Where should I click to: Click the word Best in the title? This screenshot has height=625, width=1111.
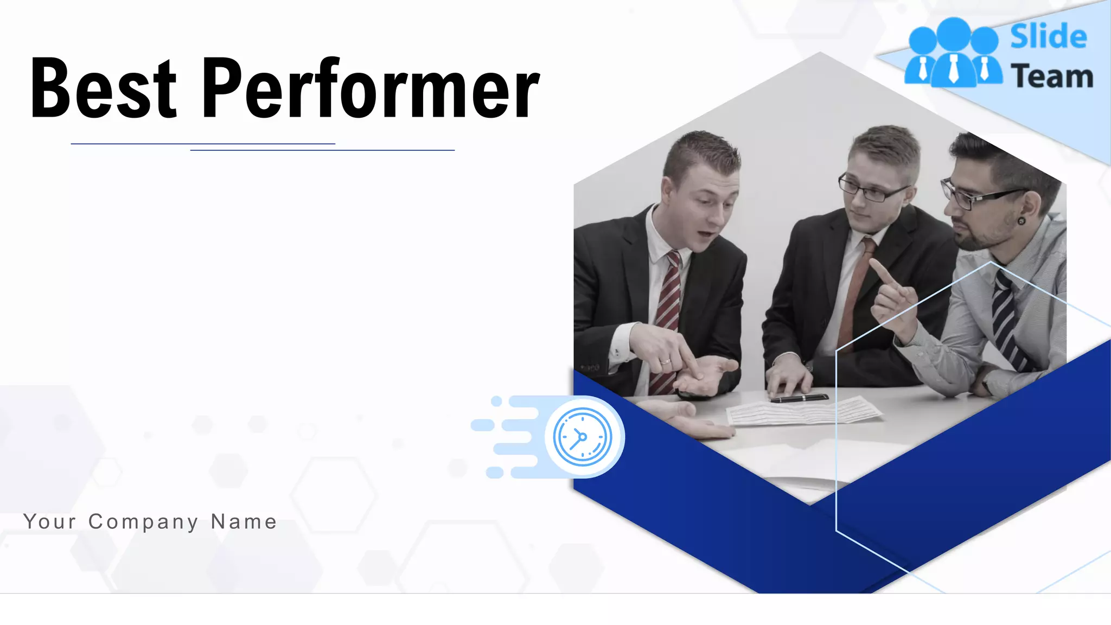click(x=103, y=88)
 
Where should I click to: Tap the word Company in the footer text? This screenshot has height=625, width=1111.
click(x=143, y=522)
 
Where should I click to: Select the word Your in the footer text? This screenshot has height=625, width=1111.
click(x=50, y=521)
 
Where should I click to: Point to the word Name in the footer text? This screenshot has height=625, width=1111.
click(x=244, y=521)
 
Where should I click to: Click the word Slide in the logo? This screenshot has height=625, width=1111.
click(x=1048, y=37)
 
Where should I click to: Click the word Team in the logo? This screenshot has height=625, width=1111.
click(x=1052, y=76)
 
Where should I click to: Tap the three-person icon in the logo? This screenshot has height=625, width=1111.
click(x=953, y=53)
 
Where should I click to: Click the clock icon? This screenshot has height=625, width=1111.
click(x=583, y=437)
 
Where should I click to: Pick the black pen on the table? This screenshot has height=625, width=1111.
click(x=799, y=399)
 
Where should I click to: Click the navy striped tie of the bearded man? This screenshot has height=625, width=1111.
click(x=1008, y=320)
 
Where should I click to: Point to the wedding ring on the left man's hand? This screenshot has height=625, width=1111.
click(x=665, y=361)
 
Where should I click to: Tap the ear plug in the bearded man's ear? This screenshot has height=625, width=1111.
click(x=1021, y=221)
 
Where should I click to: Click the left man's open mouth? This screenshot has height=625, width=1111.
click(x=707, y=234)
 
